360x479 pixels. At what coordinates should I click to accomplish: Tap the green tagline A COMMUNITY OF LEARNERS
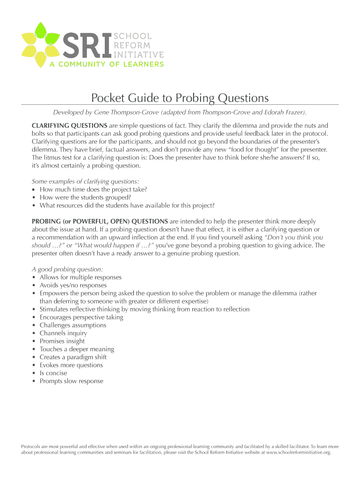pyautogui.click(x=107, y=64)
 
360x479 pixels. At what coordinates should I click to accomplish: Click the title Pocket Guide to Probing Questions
pyautogui.click(x=180, y=98)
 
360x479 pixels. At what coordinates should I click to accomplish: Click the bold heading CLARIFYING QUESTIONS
pyautogui.click(x=69, y=125)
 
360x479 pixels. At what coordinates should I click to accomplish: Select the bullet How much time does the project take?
pyautogui.click(x=94, y=189)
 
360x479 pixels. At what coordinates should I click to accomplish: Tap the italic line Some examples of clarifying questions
pyautogui.click(x=86, y=181)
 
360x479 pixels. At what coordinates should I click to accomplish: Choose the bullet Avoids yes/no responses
pyautogui.click(x=73, y=285)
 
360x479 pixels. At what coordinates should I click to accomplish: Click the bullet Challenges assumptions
pyautogui.click(x=73, y=325)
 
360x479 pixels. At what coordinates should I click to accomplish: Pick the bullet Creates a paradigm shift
pyautogui.click(x=73, y=357)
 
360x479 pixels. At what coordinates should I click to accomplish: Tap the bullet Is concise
pyautogui.click(x=53, y=373)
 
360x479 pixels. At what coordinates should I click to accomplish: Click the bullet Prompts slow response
pyautogui.click(x=72, y=381)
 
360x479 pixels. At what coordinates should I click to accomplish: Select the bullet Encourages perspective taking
pyautogui.click(x=81, y=317)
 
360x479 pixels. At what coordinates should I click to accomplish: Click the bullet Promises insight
pyautogui.click(x=62, y=341)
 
